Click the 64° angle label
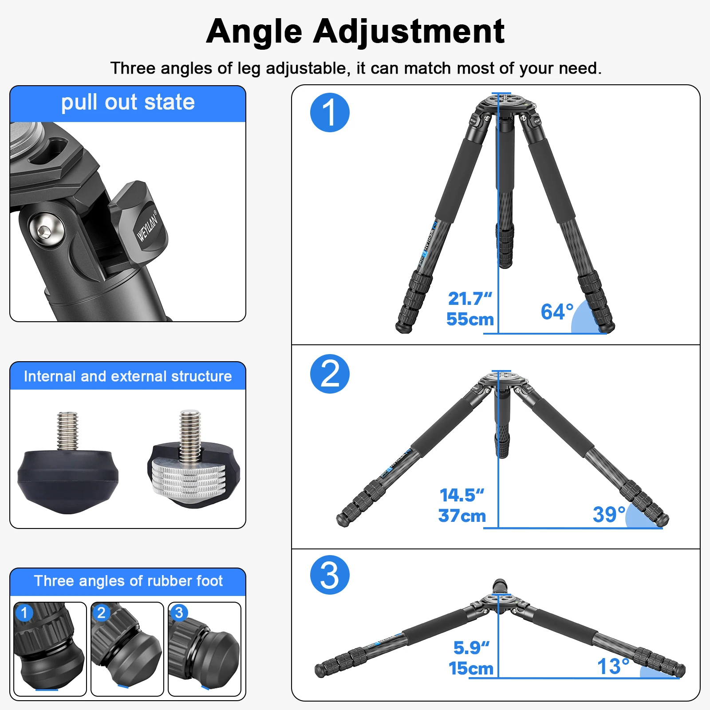557,312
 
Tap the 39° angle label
609,515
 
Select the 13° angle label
613,667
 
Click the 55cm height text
470,319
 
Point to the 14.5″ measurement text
461,495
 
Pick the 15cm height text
471,668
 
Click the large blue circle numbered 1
330,112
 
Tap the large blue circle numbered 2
330,374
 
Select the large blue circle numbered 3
330,575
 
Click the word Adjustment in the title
408,32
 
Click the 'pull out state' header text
128,103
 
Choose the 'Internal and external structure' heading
128,376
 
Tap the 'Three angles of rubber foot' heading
128,581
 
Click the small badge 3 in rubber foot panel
179,613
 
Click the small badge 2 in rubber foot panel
101,613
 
